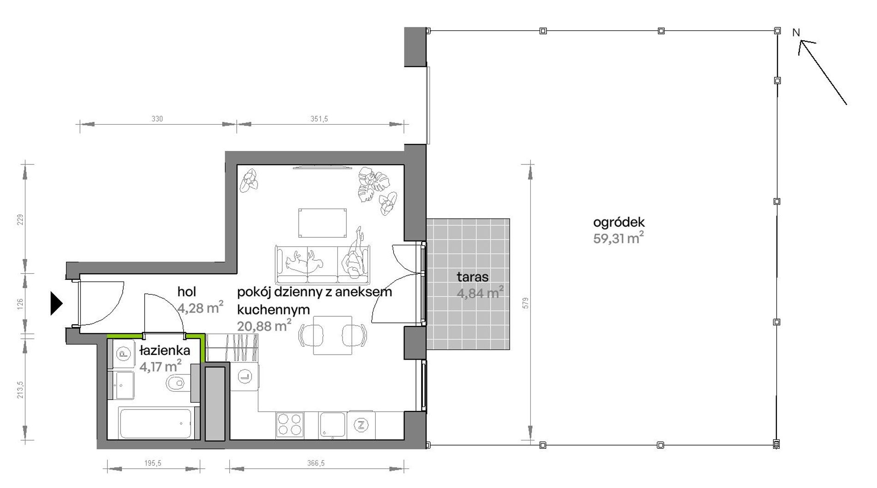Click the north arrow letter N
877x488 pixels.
pos(796,33)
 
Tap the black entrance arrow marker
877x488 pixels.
pos(56,304)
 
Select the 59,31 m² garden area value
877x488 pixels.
pos(619,238)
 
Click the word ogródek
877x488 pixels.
pos(619,223)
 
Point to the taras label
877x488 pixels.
pos(473,277)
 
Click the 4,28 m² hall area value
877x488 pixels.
pos(200,307)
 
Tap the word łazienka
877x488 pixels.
pos(165,352)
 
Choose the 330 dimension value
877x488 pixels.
pos(157,119)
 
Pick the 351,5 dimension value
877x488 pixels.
pos(319,119)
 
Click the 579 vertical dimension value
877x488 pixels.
pos(526,303)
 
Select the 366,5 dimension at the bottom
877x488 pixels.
pos(316,463)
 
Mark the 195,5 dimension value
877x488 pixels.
pos(153,463)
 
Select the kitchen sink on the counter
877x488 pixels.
pos(332,425)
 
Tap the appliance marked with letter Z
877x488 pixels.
pos(361,425)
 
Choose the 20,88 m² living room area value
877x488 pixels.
pos(264,325)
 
